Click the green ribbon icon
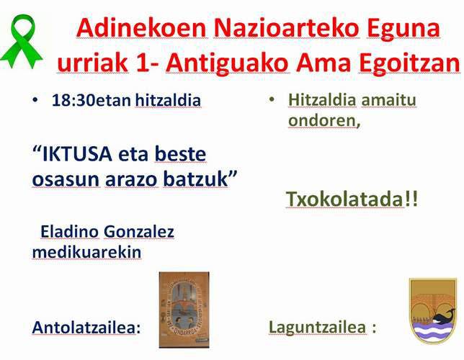22,41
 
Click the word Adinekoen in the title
141,28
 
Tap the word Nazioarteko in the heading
287,28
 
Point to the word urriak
93,63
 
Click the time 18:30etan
91,100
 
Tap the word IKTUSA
77,154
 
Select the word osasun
66,179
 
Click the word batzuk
196,179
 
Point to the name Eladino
69,231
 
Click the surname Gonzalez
139,231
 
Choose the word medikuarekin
86,252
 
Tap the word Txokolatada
345,199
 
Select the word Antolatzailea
84,328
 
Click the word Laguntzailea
317,327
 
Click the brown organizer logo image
184,310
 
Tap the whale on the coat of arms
444,317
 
